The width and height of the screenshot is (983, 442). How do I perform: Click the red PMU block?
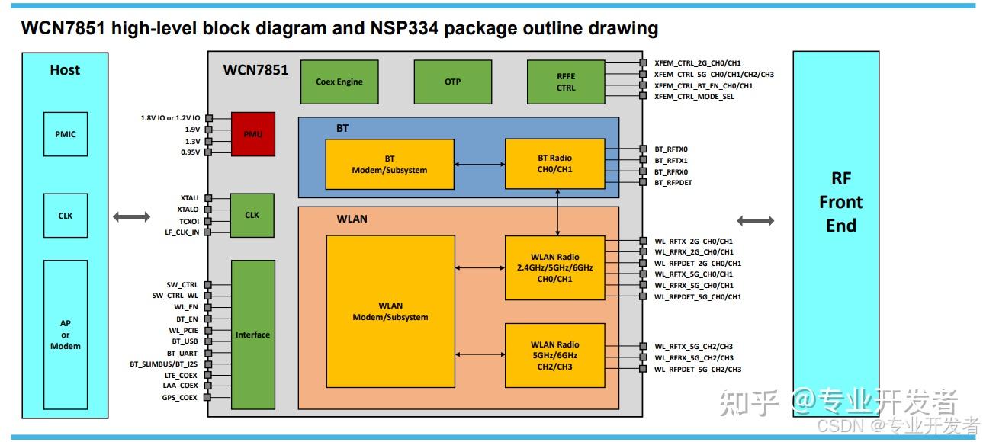pos(252,134)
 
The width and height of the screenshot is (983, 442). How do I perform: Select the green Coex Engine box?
pos(339,82)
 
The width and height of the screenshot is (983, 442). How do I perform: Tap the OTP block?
pos(452,82)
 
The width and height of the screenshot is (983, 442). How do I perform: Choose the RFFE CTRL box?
pos(566,82)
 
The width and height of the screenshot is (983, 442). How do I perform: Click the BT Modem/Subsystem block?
pos(390,164)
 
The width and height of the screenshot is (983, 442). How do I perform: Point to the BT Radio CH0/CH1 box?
pos(554,164)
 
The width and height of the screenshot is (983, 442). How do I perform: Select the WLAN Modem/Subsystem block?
pos(390,311)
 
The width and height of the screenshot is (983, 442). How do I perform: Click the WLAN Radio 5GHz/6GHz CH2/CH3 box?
pos(554,355)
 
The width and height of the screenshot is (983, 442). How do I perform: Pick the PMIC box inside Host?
pos(66,134)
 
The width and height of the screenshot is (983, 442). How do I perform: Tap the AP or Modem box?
pos(66,335)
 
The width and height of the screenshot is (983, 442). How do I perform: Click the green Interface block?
pos(252,335)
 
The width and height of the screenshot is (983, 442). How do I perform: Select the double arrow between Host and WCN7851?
pos(132,217)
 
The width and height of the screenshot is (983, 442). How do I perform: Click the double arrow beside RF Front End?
pos(756,221)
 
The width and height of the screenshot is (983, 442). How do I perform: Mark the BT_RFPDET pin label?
pos(673,183)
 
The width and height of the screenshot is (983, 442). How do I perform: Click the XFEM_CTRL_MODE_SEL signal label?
pos(694,97)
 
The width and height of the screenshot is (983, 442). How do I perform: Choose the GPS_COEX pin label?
pos(179,397)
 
